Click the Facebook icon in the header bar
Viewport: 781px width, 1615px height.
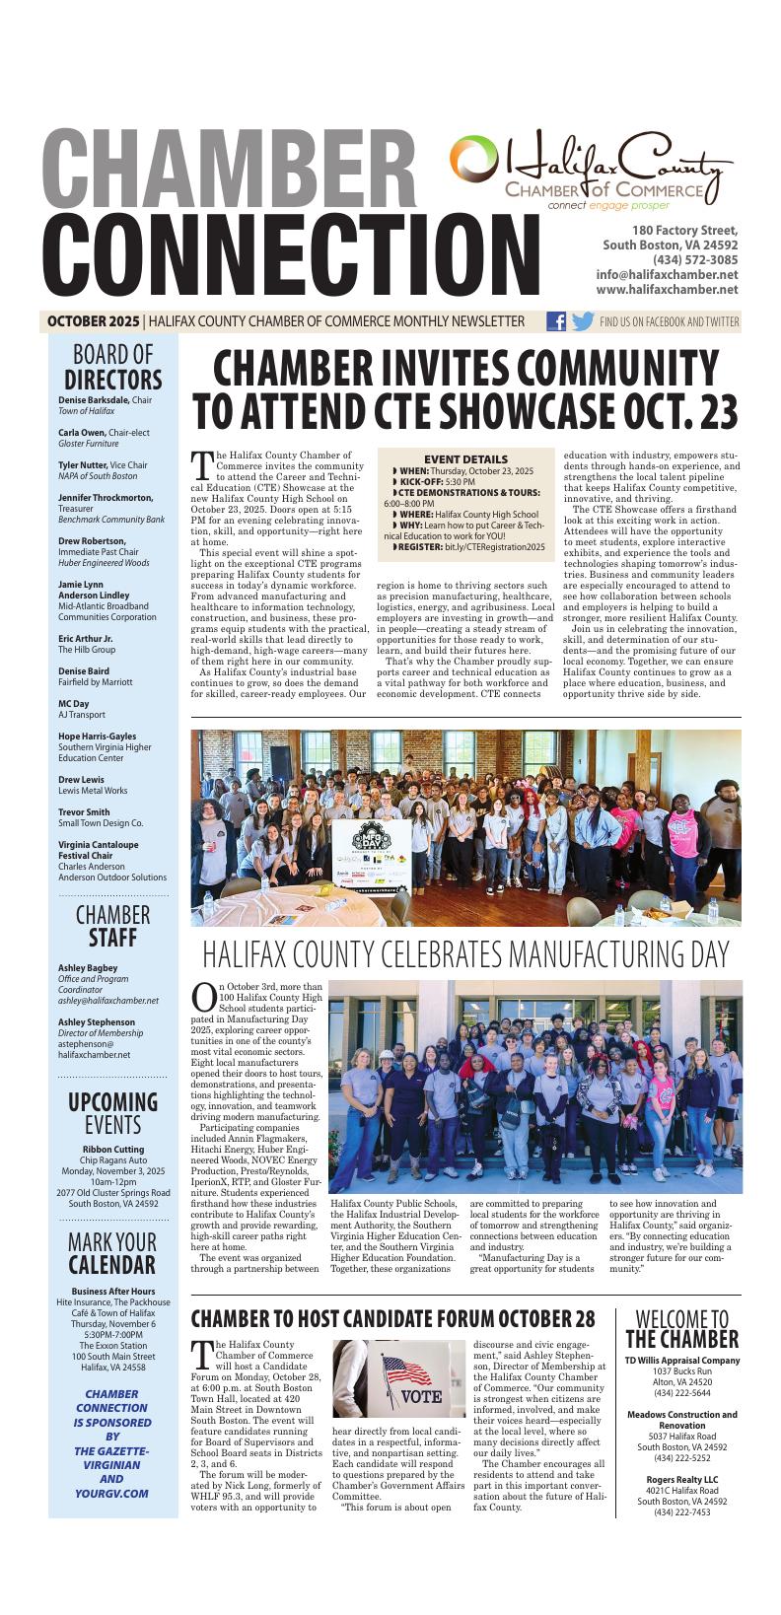(556, 321)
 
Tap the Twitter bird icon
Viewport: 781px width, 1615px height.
(583, 321)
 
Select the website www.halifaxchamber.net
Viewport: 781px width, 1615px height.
(667, 290)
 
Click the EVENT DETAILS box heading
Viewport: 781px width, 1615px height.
(465, 458)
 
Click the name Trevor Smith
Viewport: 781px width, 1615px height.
(84, 812)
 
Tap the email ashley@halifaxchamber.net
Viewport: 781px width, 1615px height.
(108, 1000)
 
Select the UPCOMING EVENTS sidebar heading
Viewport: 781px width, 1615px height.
(112, 1113)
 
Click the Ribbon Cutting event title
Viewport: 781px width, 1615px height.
(112, 1150)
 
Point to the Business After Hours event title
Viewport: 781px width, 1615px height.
(113, 1292)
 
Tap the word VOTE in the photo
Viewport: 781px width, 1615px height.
(422, 1397)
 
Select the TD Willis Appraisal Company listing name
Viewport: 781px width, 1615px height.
(681, 1361)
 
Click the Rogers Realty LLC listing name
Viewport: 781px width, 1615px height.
(681, 1480)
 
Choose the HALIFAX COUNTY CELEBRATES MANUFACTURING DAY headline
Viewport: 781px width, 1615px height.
(465, 954)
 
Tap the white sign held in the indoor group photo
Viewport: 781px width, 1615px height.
(373, 850)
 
